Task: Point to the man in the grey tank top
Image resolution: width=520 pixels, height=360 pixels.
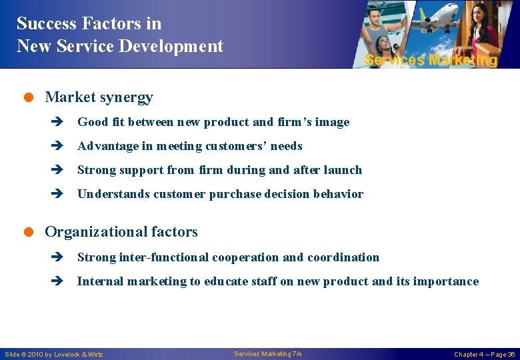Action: pyautogui.click(x=388, y=27)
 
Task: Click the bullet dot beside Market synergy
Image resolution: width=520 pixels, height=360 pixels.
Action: pyautogui.click(x=30, y=97)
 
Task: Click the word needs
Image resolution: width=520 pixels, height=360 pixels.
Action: pyautogui.click(x=286, y=146)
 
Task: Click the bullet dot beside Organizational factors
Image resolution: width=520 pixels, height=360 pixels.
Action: pyautogui.click(x=30, y=232)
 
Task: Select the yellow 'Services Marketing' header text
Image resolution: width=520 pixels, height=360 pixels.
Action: pyautogui.click(x=431, y=60)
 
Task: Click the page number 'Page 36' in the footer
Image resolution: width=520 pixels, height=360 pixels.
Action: pyautogui.click(x=501, y=354)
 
